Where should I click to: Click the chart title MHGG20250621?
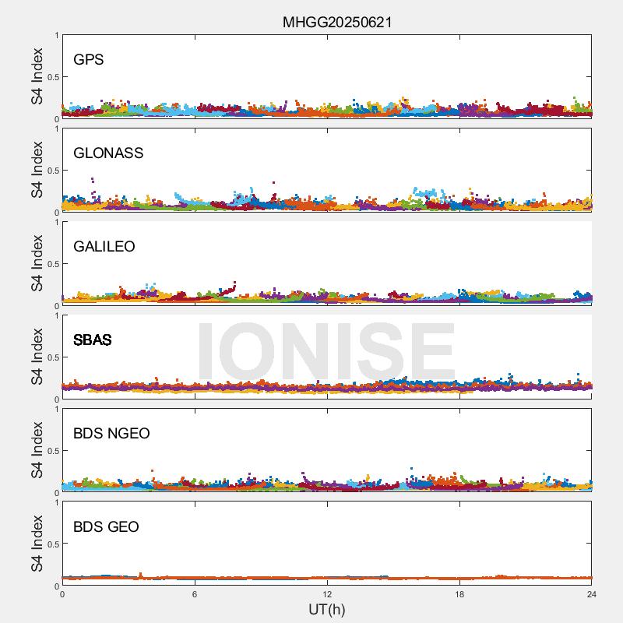tap(336, 23)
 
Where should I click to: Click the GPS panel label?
tap(89, 59)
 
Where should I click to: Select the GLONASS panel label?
tap(108, 153)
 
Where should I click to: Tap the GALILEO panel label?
tap(104, 246)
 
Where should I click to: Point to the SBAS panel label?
tap(92, 340)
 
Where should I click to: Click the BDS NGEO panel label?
tap(111, 433)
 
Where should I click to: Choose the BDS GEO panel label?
tap(106, 526)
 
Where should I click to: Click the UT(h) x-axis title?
tap(326, 609)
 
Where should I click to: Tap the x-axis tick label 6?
tap(195, 594)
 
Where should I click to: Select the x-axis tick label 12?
tap(327, 594)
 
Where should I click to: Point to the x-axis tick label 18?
tap(459, 594)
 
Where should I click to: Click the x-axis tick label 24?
tap(592, 594)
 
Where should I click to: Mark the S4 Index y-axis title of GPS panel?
tap(37, 76)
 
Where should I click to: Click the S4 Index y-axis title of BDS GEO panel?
tap(37, 544)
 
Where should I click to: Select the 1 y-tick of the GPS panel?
tap(56, 36)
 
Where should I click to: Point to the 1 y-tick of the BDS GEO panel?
tap(56, 503)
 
